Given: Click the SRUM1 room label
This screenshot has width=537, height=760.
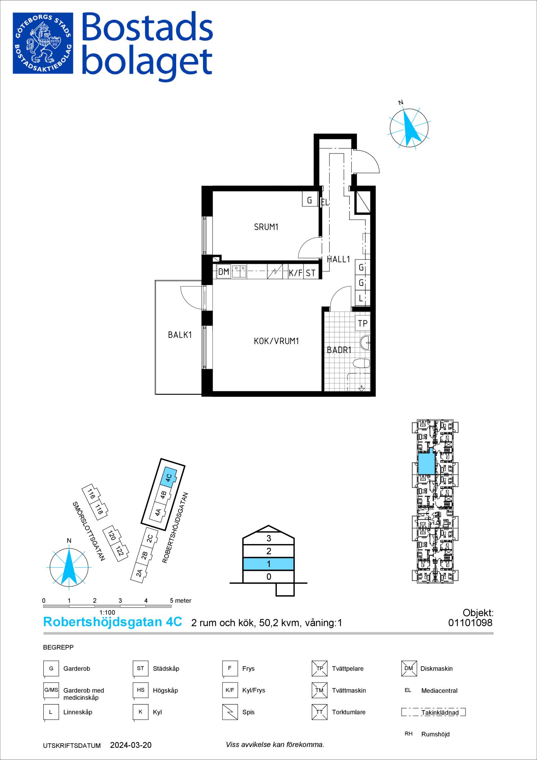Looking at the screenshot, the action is click(x=266, y=227).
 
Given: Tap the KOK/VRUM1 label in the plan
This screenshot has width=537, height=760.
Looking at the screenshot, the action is click(x=276, y=341).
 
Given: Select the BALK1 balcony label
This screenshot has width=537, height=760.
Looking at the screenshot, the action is click(x=180, y=335).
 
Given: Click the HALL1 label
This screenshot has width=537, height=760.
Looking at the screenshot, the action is click(x=338, y=259).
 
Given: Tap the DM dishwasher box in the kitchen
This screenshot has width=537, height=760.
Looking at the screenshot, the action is click(x=224, y=272).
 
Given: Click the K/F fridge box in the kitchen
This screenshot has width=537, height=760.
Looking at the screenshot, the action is click(x=295, y=272).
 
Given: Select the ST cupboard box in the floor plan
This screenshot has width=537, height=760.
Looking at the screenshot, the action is click(x=310, y=272).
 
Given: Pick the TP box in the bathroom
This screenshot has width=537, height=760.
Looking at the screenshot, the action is click(x=363, y=323).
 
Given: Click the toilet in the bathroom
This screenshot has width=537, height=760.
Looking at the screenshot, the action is click(x=361, y=364).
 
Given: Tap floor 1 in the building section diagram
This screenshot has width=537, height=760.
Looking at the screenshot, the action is click(x=268, y=564).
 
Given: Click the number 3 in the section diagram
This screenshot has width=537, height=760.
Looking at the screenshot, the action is click(x=269, y=538).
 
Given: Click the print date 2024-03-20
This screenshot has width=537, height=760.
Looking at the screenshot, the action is click(x=131, y=745).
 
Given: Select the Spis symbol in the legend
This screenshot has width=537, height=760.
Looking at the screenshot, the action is click(x=229, y=712).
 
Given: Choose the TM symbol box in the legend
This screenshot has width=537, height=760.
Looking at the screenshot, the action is click(x=319, y=690).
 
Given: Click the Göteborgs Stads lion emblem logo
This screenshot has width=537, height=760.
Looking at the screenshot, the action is click(x=43, y=43).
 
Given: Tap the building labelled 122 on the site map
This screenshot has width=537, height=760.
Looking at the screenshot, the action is click(x=120, y=551).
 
